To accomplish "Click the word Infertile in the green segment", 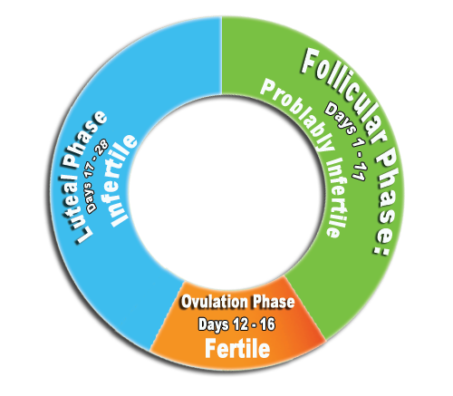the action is [338, 198].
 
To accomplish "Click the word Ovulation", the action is [214, 302].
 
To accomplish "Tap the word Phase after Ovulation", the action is [274, 302].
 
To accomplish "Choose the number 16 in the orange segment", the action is [267, 324].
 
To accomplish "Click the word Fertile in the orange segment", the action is [237, 348].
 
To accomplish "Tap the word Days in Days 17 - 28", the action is [92, 197].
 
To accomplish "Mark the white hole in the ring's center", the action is [226, 193].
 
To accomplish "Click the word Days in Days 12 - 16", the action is [213, 325].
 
